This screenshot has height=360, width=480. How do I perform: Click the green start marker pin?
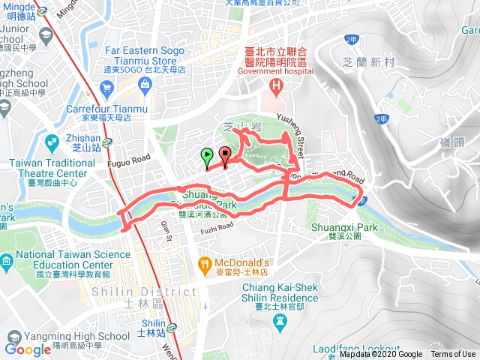(x=206, y=156)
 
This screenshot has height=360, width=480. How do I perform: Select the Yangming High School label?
(x=61, y=315)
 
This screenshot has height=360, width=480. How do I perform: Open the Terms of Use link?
(x=452, y=355)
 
